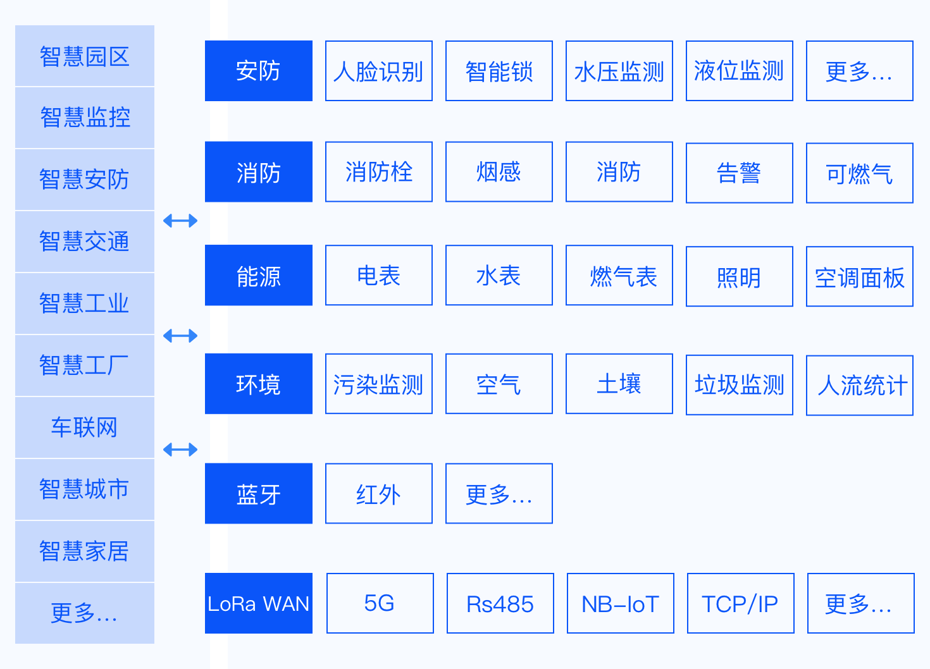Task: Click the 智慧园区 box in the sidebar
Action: pos(84,56)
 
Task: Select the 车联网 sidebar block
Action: pos(84,427)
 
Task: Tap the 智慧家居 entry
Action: pos(84,551)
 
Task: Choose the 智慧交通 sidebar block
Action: pos(84,242)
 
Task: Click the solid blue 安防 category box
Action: pos(258,71)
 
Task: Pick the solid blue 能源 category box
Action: pos(258,276)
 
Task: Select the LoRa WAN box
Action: pos(258,603)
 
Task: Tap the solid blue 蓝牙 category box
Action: pos(258,494)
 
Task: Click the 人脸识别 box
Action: pos(378,71)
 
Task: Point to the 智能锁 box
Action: pos(499,71)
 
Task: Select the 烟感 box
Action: pos(499,172)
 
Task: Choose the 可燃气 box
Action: pos(859,173)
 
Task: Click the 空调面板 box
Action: pos(859,277)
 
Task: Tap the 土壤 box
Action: pos(619,384)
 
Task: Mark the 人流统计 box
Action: pos(859,385)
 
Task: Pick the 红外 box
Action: pos(378,494)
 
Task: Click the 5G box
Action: pos(380,603)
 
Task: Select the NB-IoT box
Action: pos(620,603)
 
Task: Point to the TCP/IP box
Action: pos(740,603)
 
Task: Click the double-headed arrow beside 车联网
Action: pos(180,450)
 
